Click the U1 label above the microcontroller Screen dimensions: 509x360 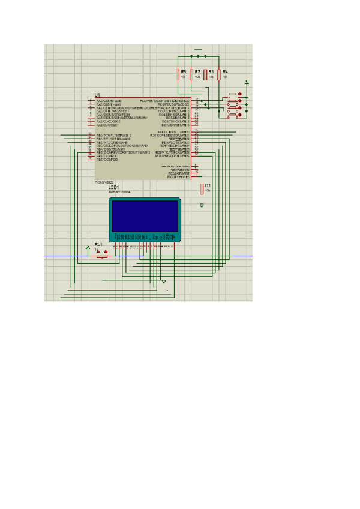97,95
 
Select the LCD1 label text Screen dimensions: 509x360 113,187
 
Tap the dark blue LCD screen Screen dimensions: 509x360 145,216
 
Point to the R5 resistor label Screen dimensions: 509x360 183,72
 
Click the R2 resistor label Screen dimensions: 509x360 197,72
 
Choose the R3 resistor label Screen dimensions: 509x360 211,72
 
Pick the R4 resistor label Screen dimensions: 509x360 225,72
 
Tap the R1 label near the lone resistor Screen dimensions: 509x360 208,186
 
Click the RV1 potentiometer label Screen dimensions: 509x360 98,244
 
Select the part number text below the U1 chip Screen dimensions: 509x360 103,182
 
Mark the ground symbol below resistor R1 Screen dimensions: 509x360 202,205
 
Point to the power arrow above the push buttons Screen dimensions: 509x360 247,82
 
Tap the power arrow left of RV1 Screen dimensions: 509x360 88,247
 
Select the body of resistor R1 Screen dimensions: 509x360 202,189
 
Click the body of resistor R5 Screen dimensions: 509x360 178,74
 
